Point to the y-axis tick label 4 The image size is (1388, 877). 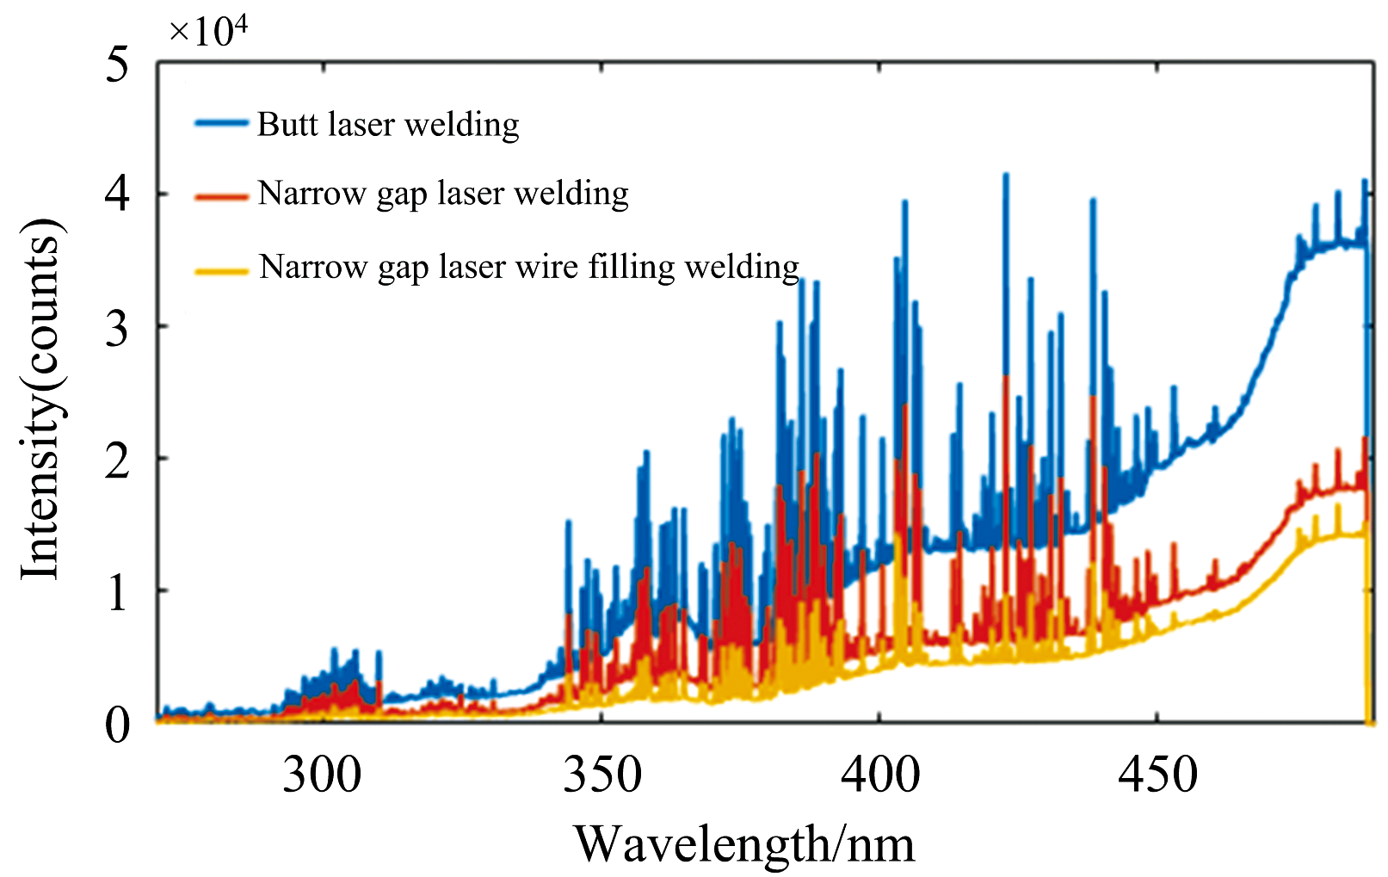point(117,195)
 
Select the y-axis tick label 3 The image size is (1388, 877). point(117,327)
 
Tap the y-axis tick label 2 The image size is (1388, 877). point(117,459)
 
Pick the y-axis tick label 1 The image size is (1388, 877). point(117,592)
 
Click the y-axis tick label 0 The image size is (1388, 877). point(117,725)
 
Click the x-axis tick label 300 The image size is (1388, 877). point(323,775)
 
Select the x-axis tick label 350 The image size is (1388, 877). point(601,775)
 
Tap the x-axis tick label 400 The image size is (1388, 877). point(879,775)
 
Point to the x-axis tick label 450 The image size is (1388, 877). point(1157,775)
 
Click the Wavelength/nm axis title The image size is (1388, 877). point(744,844)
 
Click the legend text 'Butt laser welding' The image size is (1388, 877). point(388,125)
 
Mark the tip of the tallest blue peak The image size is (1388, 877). point(1005,175)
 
